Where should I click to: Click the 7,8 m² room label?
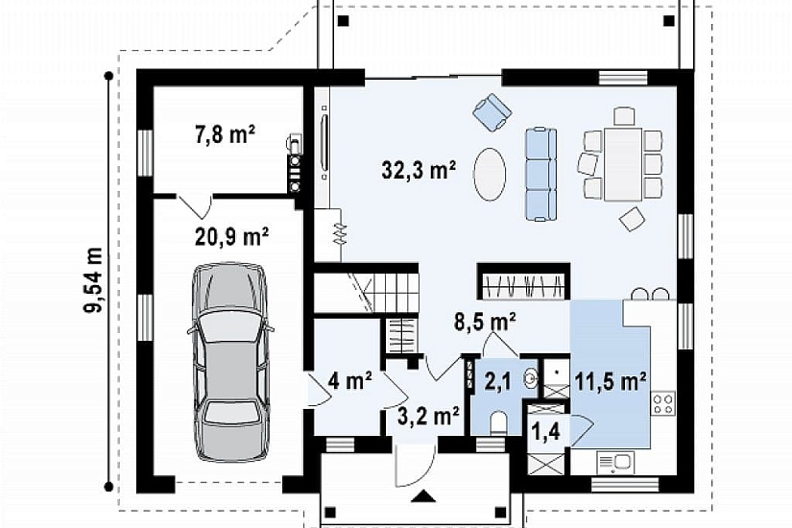coord(225,135)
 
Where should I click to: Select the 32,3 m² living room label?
coord(420,170)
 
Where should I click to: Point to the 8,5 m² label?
coord(485,322)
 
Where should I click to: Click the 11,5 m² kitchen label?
coord(611,381)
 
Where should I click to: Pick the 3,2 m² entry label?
coord(428,417)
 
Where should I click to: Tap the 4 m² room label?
coord(350,380)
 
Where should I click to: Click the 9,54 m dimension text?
coord(94,281)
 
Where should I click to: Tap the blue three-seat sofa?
coord(541,175)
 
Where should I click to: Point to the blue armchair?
coord(492,111)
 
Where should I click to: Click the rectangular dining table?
coord(623,164)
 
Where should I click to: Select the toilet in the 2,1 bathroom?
coord(499,423)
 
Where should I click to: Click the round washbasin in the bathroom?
coord(532,377)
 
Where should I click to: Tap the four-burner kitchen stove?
coord(663,403)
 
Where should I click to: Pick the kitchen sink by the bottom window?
coord(614,463)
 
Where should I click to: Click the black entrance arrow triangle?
coord(423,495)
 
